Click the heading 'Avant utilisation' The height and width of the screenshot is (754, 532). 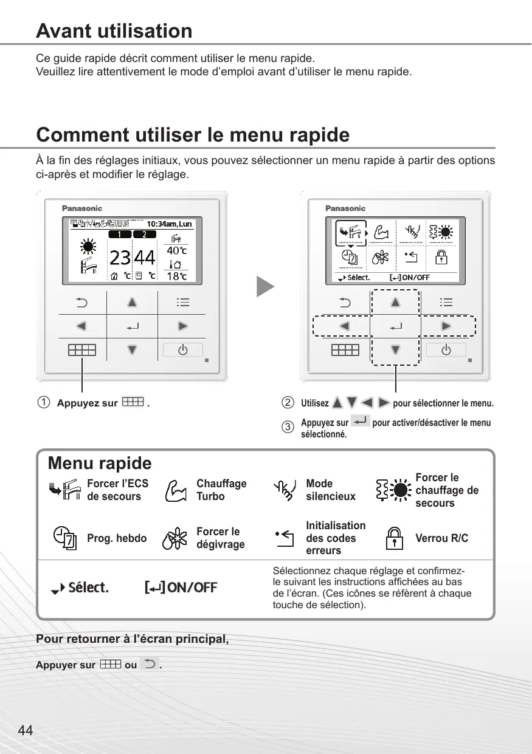coord(114,31)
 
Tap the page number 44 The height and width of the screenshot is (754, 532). coord(26,731)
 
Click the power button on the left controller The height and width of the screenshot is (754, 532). coord(182,350)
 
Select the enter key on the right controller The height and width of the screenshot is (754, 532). coord(395,327)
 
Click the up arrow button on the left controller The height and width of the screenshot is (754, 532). coord(132,303)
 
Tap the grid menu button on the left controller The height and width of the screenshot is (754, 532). coord(81,350)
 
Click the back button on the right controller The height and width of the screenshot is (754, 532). coord(344,303)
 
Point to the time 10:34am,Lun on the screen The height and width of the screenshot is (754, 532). coord(169,224)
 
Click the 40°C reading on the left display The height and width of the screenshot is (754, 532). coord(177,250)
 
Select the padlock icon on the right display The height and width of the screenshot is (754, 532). coord(442,258)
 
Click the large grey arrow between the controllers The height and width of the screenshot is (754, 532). coord(265,286)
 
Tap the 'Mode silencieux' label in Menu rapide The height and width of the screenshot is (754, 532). coord(331,490)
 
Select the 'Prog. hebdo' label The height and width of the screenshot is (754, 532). coord(117,538)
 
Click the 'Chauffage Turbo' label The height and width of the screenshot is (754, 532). coord(221,490)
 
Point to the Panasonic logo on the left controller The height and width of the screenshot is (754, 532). coord(82,208)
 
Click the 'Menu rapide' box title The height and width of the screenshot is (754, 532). coord(100,464)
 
